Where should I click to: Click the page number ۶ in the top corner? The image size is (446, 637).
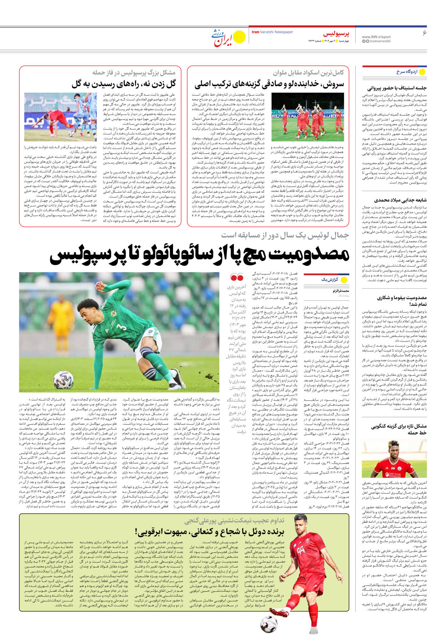[x=424, y=33]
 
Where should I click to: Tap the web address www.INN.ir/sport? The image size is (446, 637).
[x=376, y=37]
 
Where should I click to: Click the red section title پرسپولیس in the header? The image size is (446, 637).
[x=336, y=34]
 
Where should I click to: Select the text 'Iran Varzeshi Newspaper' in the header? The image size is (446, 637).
[x=272, y=32]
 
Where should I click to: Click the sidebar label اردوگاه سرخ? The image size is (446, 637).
[x=407, y=72]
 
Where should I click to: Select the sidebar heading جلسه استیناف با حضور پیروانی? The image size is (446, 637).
[x=397, y=88]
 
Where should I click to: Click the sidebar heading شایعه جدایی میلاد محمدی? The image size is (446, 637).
[x=400, y=200]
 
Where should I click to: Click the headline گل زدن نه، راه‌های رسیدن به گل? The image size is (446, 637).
[x=124, y=84]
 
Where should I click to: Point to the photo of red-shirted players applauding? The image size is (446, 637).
[x=308, y=117]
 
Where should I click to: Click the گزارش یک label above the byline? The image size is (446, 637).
[x=329, y=279]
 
